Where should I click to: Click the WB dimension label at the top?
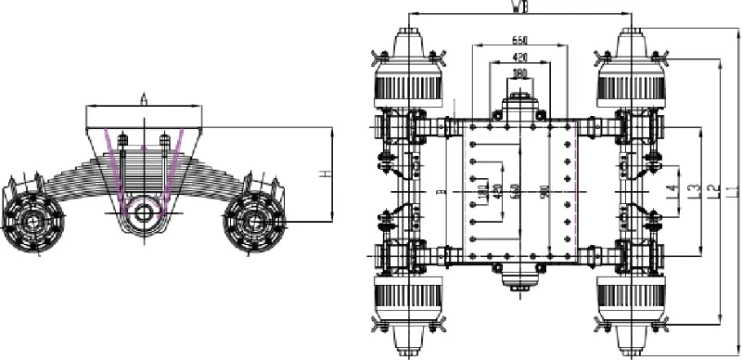coord(521,7)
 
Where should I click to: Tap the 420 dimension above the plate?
coord(519,57)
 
